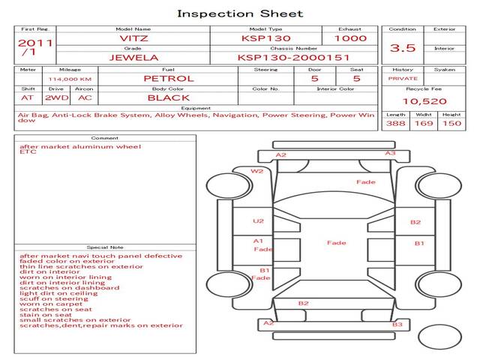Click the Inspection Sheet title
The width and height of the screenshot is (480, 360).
pyautogui.click(x=240, y=13)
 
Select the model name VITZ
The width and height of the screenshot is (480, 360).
pyautogui.click(x=133, y=38)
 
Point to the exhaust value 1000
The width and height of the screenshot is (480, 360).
pyautogui.click(x=350, y=38)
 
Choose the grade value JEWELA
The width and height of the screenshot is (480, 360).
pyautogui.click(x=133, y=57)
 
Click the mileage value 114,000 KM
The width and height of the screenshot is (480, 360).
pyautogui.click(x=70, y=78)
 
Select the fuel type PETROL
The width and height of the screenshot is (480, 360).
pyautogui.click(x=168, y=78)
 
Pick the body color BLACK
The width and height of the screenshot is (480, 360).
pyautogui.click(x=168, y=97)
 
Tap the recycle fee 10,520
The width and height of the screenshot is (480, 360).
pyautogui.click(x=424, y=101)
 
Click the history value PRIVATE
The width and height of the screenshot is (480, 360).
pyautogui.click(x=403, y=78)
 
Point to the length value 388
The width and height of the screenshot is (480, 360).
pyautogui.click(x=397, y=123)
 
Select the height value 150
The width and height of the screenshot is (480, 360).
pyautogui.click(x=451, y=123)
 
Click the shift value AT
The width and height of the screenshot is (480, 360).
pyautogui.click(x=28, y=97)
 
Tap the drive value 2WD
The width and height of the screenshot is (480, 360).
pyautogui.click(x=54, y=97)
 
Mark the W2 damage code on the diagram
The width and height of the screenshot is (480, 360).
pyautogui.click(x=257, y=171)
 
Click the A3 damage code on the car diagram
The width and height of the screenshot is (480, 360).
pyautogui.click(x=390, y=153)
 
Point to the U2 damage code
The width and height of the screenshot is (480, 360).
pyautogui.click(x=259, y=221)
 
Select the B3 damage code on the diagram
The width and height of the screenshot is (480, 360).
pyautogui.click(x=397, y=325)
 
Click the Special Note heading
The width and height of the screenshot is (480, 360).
pyautogui.click(x=105, y=247)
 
